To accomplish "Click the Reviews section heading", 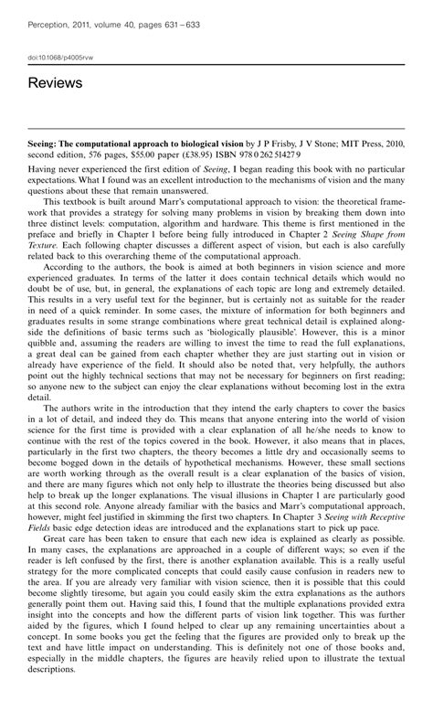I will tap(55, 83).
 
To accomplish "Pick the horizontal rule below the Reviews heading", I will tap(216, 129).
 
